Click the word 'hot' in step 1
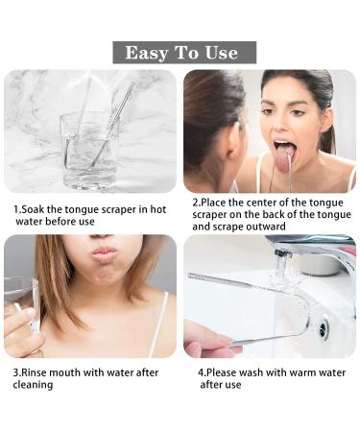click(x=159, y=208)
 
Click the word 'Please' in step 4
click(x=227, y=372)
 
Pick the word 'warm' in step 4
click(x=303, y=372)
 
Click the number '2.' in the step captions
click(x=196, y=204)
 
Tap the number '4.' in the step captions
click(x=202, y=372)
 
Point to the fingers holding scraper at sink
click(x=204, y=339)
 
